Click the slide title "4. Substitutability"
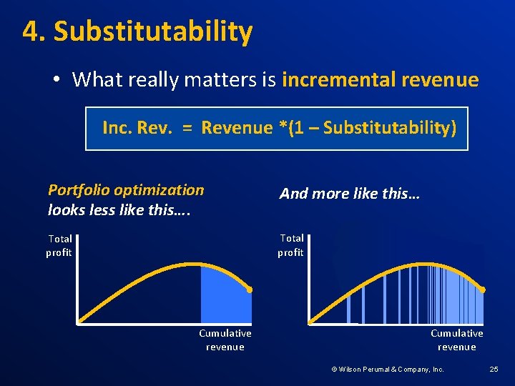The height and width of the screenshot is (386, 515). [x=137, y=32]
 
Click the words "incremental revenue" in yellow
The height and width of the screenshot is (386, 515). [x=380, y=79]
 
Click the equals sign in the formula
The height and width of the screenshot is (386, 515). [x=186, y=129]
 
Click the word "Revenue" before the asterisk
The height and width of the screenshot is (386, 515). [x=237, y=128]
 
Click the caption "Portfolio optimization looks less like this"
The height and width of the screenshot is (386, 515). [x=126, y=199]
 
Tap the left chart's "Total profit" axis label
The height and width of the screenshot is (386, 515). [x=59, y=245]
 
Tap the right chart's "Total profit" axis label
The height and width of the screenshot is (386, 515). [x=290, y=244]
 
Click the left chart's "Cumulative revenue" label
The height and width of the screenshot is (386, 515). [x=225, y=340]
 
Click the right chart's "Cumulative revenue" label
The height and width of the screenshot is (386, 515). [x=456, y=340]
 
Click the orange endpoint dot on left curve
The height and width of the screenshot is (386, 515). [x=250, y=289]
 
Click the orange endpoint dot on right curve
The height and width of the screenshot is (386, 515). [x=483, y=289]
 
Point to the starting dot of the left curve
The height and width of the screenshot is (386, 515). [x=79, y=322]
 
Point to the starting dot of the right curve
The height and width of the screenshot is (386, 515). [x=310, y=322]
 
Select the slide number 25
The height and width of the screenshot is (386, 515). [x=494, y=370]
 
